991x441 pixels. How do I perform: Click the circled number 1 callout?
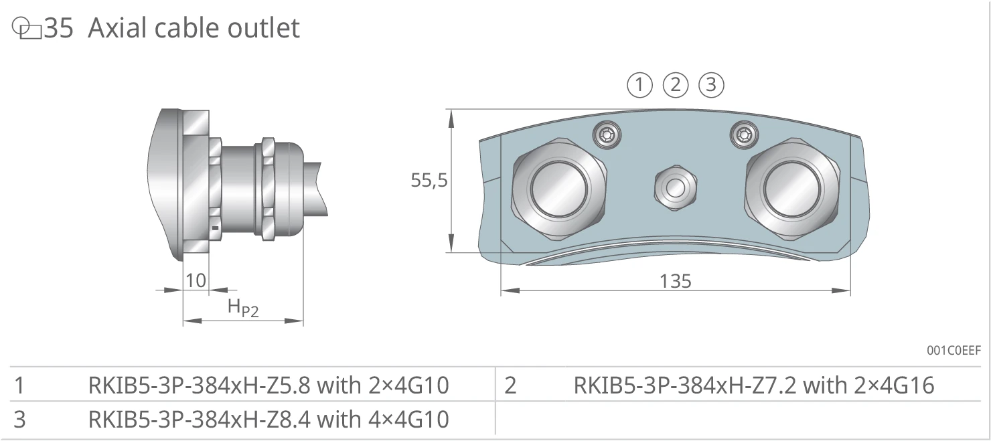pyautogui.click(x=639, y=85)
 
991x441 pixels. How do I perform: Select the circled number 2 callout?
pyautogui.click(x=675, y=85)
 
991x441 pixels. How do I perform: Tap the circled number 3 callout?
pyautogui.click(x=711, y=85)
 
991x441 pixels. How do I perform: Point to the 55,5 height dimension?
pyautogui.click(x=429, y=180)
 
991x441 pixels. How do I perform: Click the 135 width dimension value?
pyautogui.click(x=675, y=281)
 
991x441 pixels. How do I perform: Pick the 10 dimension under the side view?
pyautogui.click(x=196, y=280)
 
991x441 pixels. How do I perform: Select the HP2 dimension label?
pyautogui.click(x=243, y=307)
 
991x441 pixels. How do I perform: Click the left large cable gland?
pyautogui.click(x=558, y=189)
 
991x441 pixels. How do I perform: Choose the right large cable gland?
pyautogui.click(x=791, y=189)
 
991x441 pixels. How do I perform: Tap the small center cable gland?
pyautogui.click(x=675, y=188)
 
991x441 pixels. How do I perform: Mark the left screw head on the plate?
pyautogui.click(x=607, y=135)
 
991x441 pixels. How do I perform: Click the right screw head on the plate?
pyautogui.click(x=744, y=135)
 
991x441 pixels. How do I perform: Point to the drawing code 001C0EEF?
pyautogui.click(x=954, y=350)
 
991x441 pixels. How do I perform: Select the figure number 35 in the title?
pyautogui.click(x=59, y=28)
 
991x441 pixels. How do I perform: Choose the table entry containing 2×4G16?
pyautogui.click(x=754, y=385)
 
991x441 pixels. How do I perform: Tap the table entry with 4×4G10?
pyautogui.click(x=269, y=419)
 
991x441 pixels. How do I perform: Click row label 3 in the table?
pyautogui.click(x=19, y=420)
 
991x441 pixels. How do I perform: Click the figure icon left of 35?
pyautogui.click(x=27, y=28)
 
